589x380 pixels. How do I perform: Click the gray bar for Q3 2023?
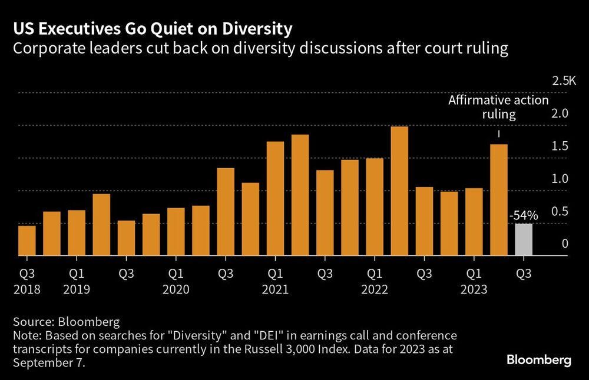tap(524, 240)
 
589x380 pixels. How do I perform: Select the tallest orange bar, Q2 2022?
tap(399, 191)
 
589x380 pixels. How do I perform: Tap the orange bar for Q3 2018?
tap(27, 241)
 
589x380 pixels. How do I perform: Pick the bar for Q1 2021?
tap(275, 199)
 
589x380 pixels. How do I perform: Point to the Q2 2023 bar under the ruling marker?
tap(499, 200)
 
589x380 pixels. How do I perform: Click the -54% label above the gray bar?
tap(521, 216)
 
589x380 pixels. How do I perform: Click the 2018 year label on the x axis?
tap(28, 289)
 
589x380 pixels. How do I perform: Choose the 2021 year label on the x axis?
tap(275, 289)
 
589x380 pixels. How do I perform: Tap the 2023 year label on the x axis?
tap(474, 289)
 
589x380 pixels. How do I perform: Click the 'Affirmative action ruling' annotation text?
tap(498, 107)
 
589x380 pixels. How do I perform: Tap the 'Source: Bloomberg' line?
tap(66, 322)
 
